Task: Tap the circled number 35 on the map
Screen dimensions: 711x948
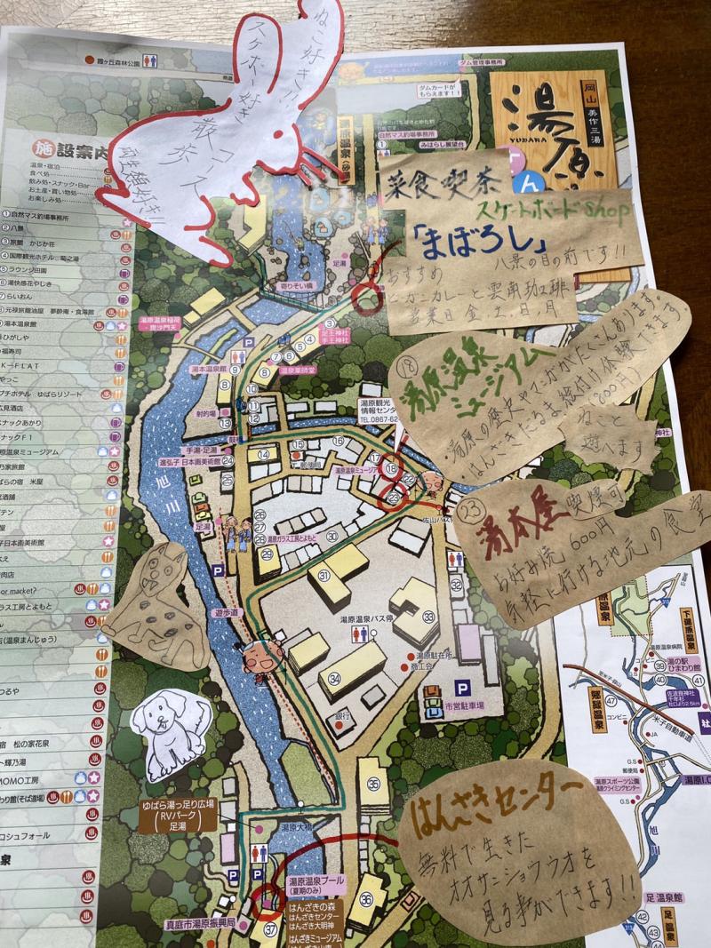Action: [373, 784]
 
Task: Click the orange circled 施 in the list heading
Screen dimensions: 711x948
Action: [39, 149]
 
